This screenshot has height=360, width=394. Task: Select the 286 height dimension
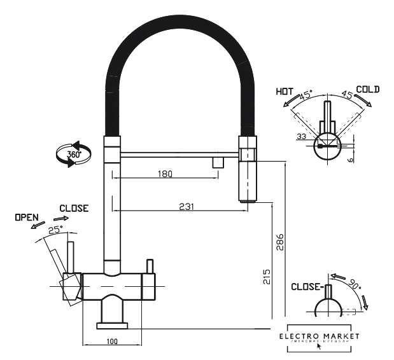(280, 242)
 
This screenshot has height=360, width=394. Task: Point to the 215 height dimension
(267, 276)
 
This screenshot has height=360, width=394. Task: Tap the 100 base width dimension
(112, 342)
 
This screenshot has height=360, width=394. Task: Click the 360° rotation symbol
(69, 155)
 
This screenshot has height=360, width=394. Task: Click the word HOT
(285, 92)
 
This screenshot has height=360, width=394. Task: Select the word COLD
(367, 90)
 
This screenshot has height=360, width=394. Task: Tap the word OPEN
(27, 218)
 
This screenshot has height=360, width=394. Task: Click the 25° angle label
(56, 230)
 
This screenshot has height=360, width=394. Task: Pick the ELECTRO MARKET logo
(319, 337)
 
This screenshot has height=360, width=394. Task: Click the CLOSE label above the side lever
(74, 208)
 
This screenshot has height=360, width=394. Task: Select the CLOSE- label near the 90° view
(306, 286)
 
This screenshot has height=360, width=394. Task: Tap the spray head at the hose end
(247, 167)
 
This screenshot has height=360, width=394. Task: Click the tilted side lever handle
(61, 267)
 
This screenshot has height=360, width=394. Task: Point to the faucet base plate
(112, 326)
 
